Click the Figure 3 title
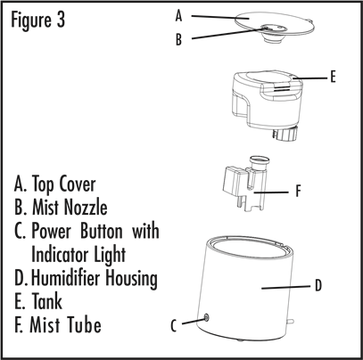pos(37,20)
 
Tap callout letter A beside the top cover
pos(178,15)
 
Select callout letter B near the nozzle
pos(178,39)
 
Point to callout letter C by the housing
pos(174,325)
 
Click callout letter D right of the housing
pos(318,285)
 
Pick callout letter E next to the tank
pos(333,77)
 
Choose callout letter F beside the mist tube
pos(299,191)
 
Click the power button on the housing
pos(206,318)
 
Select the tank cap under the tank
pos(285,134)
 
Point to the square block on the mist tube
pos(234,180)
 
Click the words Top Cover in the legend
pos(63,184)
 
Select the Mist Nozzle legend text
pos(70,207)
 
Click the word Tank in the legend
pos(47,301)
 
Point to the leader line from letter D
pos(285,287)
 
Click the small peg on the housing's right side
pos(291,321)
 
